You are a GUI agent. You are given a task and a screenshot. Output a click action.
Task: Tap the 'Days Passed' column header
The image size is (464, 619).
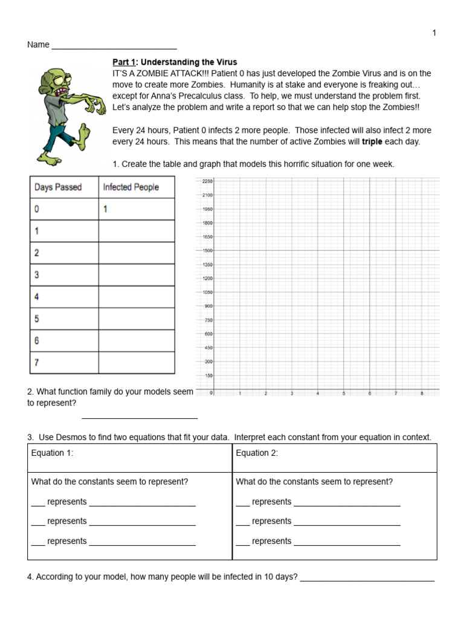coord(58,187)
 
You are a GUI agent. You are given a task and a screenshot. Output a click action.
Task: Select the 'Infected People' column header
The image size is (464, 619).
coord(130,187)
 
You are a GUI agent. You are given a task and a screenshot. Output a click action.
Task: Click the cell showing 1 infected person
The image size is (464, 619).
coord(105,209)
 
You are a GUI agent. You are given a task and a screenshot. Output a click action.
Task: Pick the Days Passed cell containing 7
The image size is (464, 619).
coord(37,363)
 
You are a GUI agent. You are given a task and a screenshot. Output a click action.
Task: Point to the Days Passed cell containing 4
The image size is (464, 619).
coord(37,297)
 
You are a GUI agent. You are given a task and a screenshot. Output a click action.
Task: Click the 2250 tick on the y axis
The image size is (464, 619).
coord(207,181)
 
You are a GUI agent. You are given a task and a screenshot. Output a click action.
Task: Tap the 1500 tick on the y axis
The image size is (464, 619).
coord(207,251)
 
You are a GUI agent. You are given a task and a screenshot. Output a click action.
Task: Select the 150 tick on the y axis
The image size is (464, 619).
coord(208,375)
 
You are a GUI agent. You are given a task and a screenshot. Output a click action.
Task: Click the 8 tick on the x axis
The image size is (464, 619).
coord(422,394)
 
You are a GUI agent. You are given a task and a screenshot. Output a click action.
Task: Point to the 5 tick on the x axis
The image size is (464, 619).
coord(344,394)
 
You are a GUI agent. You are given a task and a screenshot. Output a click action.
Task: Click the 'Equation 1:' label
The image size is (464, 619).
coord(52,453)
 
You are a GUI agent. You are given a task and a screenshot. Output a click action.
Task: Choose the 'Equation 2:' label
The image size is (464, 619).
coord(257,453)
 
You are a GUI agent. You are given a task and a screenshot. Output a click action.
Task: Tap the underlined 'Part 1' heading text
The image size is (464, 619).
coord(125,62)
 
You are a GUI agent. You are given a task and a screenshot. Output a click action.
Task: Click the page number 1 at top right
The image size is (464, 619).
coord(434,33)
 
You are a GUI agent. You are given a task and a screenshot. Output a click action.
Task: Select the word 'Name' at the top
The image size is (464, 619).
coord(38,45)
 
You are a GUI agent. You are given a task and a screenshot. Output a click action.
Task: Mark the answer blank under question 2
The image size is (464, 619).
coord(140,416)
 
